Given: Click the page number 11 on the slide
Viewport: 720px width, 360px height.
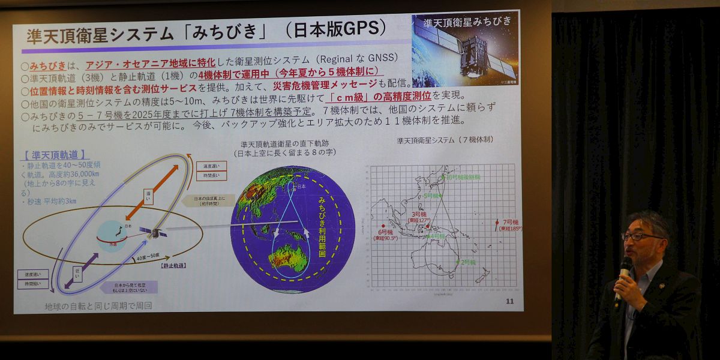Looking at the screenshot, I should (510, 301).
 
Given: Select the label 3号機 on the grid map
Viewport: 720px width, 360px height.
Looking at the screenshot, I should (418, 214).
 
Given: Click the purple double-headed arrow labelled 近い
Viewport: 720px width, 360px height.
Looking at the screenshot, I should (82, 271).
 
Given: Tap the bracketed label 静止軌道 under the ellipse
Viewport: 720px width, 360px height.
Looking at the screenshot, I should (173, 265).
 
